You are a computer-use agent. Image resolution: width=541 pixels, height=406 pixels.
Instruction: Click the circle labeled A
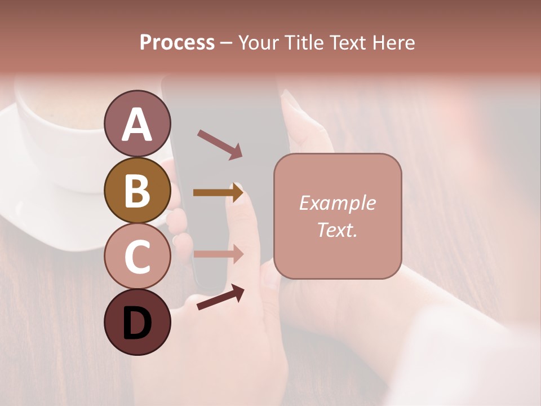click(x=138, y=123)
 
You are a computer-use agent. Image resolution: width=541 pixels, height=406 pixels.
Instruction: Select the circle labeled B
click(x=138, y=190)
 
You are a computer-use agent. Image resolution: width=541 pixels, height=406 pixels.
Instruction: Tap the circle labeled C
click(x=138, y=257)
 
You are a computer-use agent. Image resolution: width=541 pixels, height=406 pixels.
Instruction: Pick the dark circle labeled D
click(x=138, y=323)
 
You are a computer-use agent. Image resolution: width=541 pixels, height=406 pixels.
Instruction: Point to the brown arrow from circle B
click(x=218, y=193)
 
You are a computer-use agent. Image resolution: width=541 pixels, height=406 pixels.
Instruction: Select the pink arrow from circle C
click(x=218, y=254)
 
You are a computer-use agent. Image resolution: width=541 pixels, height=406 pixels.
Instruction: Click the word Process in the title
click(x=177, y=43)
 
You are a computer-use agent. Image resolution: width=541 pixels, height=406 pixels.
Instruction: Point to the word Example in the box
click(x=337, y=203)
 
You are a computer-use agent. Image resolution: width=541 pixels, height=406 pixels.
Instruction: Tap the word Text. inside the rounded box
click(x=337, y=230)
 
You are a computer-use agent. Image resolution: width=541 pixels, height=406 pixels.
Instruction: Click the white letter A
click(x=138, y=125)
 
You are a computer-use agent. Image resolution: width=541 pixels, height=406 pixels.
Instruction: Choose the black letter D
click(x=138, y=324)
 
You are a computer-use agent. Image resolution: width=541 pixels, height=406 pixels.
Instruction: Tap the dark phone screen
click(x=225, y=113)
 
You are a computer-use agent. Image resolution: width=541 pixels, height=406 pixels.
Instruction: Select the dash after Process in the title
click(x=226, y=43)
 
